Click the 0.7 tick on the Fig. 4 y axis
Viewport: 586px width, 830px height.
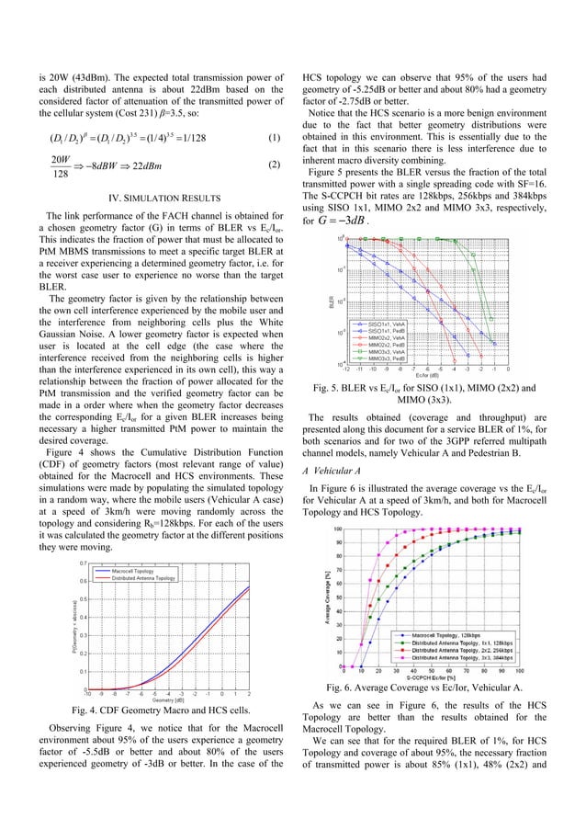click(83, 562)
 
